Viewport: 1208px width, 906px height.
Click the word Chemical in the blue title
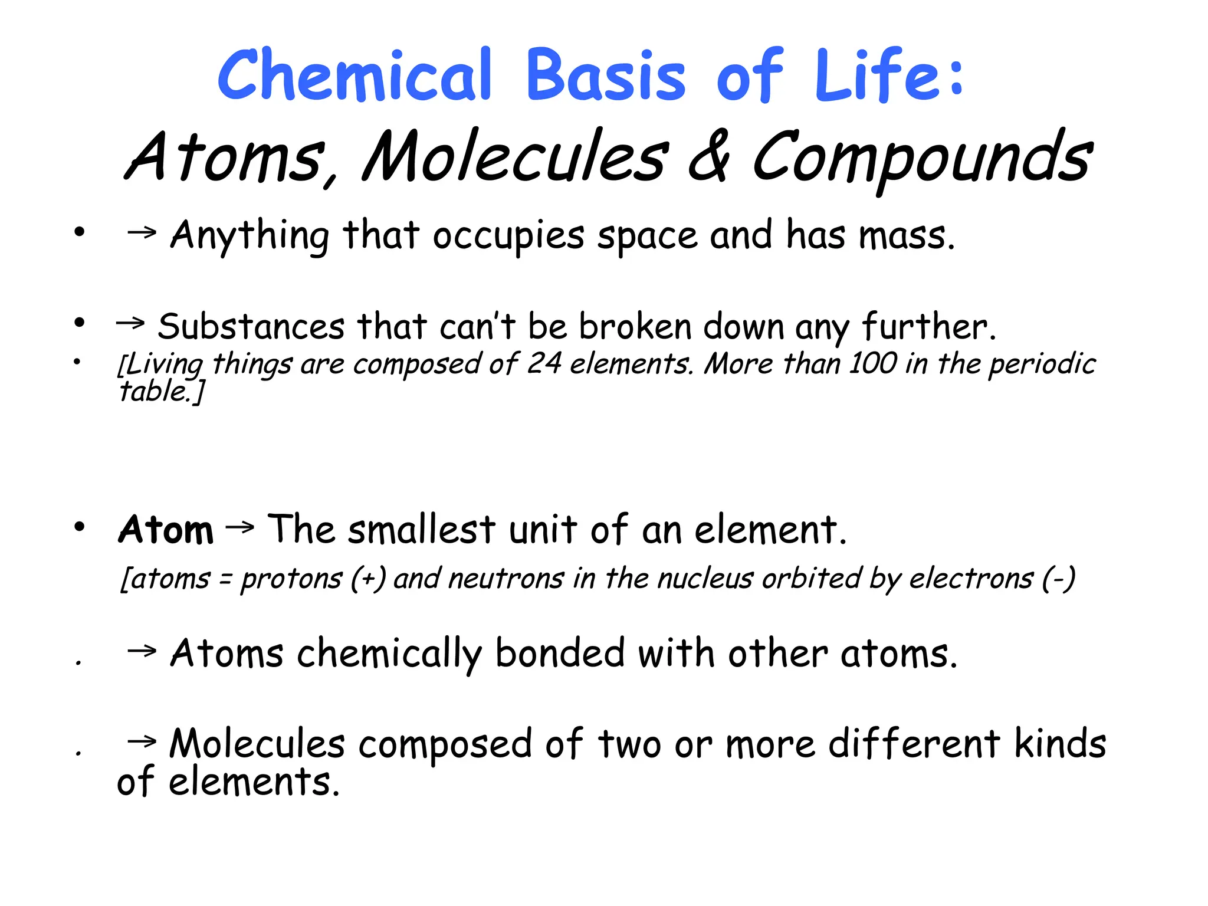(x=354, y=75)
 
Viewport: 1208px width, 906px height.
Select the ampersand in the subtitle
(x=709, y=157)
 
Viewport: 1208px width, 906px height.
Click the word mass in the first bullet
(x=906, y=235)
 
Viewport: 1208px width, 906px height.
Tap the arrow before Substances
(x=130, y=323)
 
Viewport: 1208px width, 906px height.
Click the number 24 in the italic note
(x=544, y=363)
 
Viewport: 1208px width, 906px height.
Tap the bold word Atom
(x=166, y=529)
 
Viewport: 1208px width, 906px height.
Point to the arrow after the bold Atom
(x=239, y=527)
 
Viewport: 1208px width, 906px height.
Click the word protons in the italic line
(x=291, y=579)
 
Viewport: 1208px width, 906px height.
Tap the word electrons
(x=971, y=579)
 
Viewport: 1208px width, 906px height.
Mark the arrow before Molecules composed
(x=142, y=741)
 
